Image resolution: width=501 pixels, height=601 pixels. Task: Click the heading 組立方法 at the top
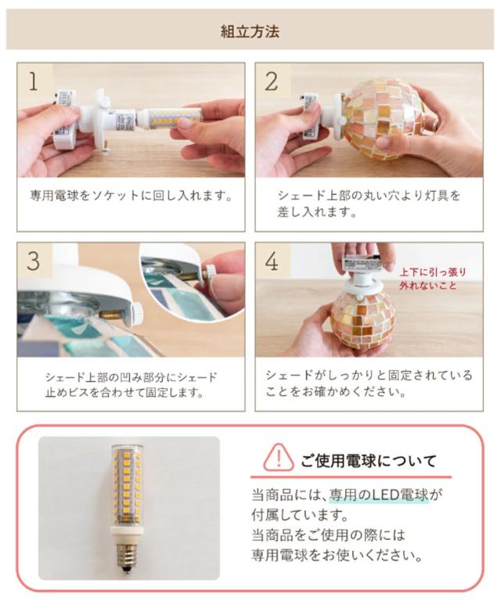[x=250, y=31]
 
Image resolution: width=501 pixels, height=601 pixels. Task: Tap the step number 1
[x=34, y=81]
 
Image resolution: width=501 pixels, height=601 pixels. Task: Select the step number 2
[x=272, y=81]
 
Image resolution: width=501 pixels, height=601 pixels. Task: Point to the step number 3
[x=34, y=261]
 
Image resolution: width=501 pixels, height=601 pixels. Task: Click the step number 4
[x=272, y=261]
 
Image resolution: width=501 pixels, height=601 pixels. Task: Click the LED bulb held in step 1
[x=168, y=117]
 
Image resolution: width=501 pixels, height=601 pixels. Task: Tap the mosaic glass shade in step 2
[x=384, y=119]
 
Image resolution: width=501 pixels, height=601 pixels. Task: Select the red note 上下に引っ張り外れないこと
[x=432, y=279]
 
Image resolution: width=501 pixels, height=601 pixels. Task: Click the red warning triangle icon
[x=279, y=457]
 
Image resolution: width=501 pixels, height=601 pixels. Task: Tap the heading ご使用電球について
[x=369, y=460]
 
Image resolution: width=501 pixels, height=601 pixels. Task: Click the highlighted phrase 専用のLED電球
[x=379, y=495]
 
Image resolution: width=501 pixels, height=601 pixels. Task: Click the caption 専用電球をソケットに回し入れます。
[x=132, y=196]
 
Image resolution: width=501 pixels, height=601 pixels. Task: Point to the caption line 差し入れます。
[x=316, y=211]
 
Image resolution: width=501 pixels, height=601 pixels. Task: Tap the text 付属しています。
[x=300, y=515]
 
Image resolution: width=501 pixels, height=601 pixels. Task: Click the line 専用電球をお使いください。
[x=337, y=556]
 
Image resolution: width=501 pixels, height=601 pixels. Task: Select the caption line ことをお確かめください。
[x=335, y=392]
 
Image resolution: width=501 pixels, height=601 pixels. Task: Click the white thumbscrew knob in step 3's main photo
[x=136, y=314]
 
